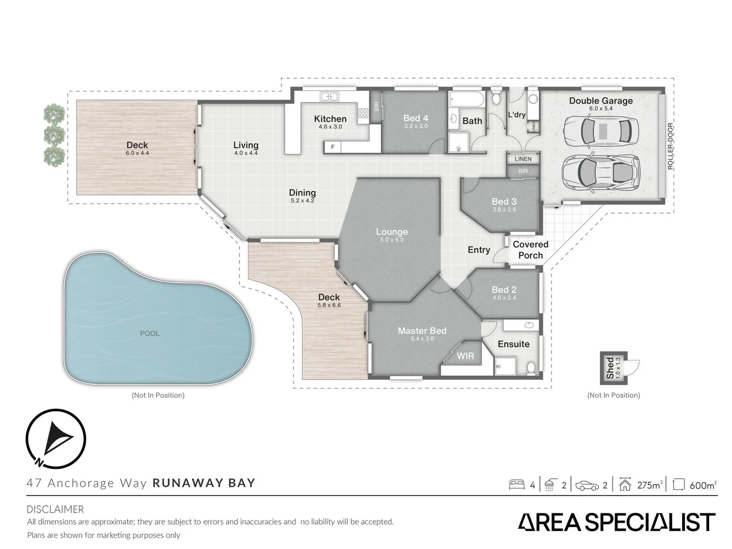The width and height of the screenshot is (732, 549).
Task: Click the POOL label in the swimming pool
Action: tap(149, 333)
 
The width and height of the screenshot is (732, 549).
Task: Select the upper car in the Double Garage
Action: tap(601, 131)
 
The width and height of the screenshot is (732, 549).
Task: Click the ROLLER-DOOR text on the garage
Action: tap(670, 146)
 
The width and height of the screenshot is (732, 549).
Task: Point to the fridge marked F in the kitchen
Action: tap(333, 147)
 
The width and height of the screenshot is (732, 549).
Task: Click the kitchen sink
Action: tap(329, 96)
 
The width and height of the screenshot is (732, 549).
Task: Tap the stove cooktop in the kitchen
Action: tap(363, 114)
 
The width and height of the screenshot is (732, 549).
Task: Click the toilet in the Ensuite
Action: tap(531, 367)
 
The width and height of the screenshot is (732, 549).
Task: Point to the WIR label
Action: tap(465, 356)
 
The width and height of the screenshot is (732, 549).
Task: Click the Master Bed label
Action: tap(422, 331)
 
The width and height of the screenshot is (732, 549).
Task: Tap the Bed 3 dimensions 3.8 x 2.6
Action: tap(504, 209)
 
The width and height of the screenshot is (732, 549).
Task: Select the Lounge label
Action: tap(391, 232)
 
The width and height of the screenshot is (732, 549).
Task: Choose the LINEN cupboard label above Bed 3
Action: tap(523, 159)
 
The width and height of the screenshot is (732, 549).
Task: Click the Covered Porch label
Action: tap(530, 250)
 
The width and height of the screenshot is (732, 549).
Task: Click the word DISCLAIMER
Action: tap(55, 509)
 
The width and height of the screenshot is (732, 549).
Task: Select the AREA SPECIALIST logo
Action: tap(616, 523)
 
